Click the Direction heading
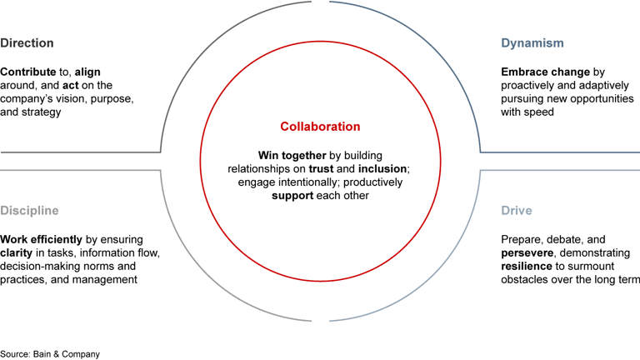(x=27, y=43)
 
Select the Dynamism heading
(x=532, y=43)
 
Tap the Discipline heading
(x=29, y=211)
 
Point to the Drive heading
(x=516, y=211)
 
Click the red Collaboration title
(x=320, y=127)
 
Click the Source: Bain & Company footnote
(x=50, y=354)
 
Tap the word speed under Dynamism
(x=540, y=112)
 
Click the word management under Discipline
(x=107, y=280)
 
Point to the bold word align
(x=87, y=72)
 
